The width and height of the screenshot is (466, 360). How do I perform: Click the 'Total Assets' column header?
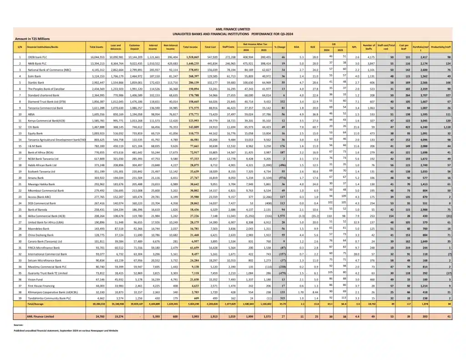pyautogui.click(x=96, y=47)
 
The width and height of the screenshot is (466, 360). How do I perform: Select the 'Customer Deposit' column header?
pyautogui.click(x=134, y=47)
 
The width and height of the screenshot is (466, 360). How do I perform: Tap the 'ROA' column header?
pyautogui.click(x=296, y=47)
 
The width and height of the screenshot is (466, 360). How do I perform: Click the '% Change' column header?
pyautogui.click(x=279, y=47)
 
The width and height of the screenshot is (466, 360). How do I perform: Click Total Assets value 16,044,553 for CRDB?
pyautogui.click(x=98, y=57)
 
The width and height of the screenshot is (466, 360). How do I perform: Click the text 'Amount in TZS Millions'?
pyautogui.click(x=32, y=39)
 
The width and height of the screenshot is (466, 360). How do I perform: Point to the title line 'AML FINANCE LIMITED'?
pyautogui.click(x=234, y=29)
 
